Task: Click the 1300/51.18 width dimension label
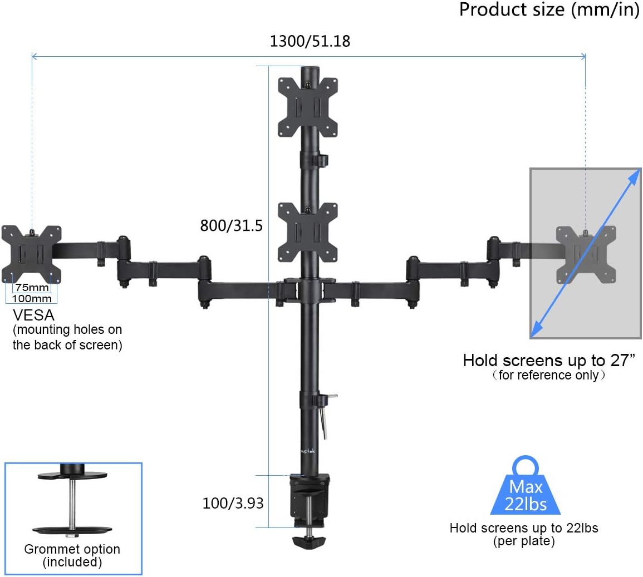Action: pyautogui.click(x=310, y=42)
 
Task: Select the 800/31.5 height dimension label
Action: pyautogui.click(x=231, y=226)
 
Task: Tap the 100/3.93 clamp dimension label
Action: pyautogui.click(x=233, y=503)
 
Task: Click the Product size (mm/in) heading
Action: pyautogui.click(x=549, y=10)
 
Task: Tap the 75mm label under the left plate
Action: pyautogui.click(x=32, y=288)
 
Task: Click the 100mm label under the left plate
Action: pyautogui.click(x=32, y=298)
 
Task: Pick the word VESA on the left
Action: pyautogui.click(x=33, y=315)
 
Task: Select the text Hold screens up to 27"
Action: pyautogui.click(x=548, y=361)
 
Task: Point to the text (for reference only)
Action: pyautogui.click(x=548, y=375)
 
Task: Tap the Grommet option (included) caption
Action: pyautogui.click(x=72, y=555)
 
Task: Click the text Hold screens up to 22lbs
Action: pyautogui.click(x=523, y=528)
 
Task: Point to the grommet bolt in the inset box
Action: pyautogui.click(x=72, y=504)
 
